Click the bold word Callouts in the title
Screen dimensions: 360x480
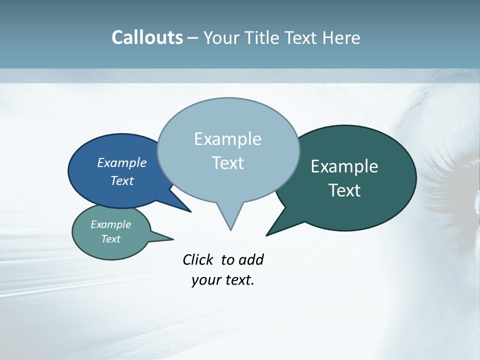coord(147,37)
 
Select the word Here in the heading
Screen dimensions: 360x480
coord(340,37)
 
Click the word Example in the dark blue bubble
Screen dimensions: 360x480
coord(122,162)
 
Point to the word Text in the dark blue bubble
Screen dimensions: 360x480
coord(122,180)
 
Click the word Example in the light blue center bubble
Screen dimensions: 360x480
coord(227,138)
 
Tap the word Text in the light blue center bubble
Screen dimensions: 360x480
coord(227,162)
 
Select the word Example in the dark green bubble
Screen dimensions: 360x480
coord(344,166)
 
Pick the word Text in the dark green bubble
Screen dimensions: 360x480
coord(344,190)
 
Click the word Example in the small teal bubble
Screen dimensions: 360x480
coord(110,224)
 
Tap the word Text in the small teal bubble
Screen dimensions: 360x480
coord(110,239)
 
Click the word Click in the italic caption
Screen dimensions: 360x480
coord(197,259)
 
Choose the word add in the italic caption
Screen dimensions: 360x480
coord(251,259)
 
